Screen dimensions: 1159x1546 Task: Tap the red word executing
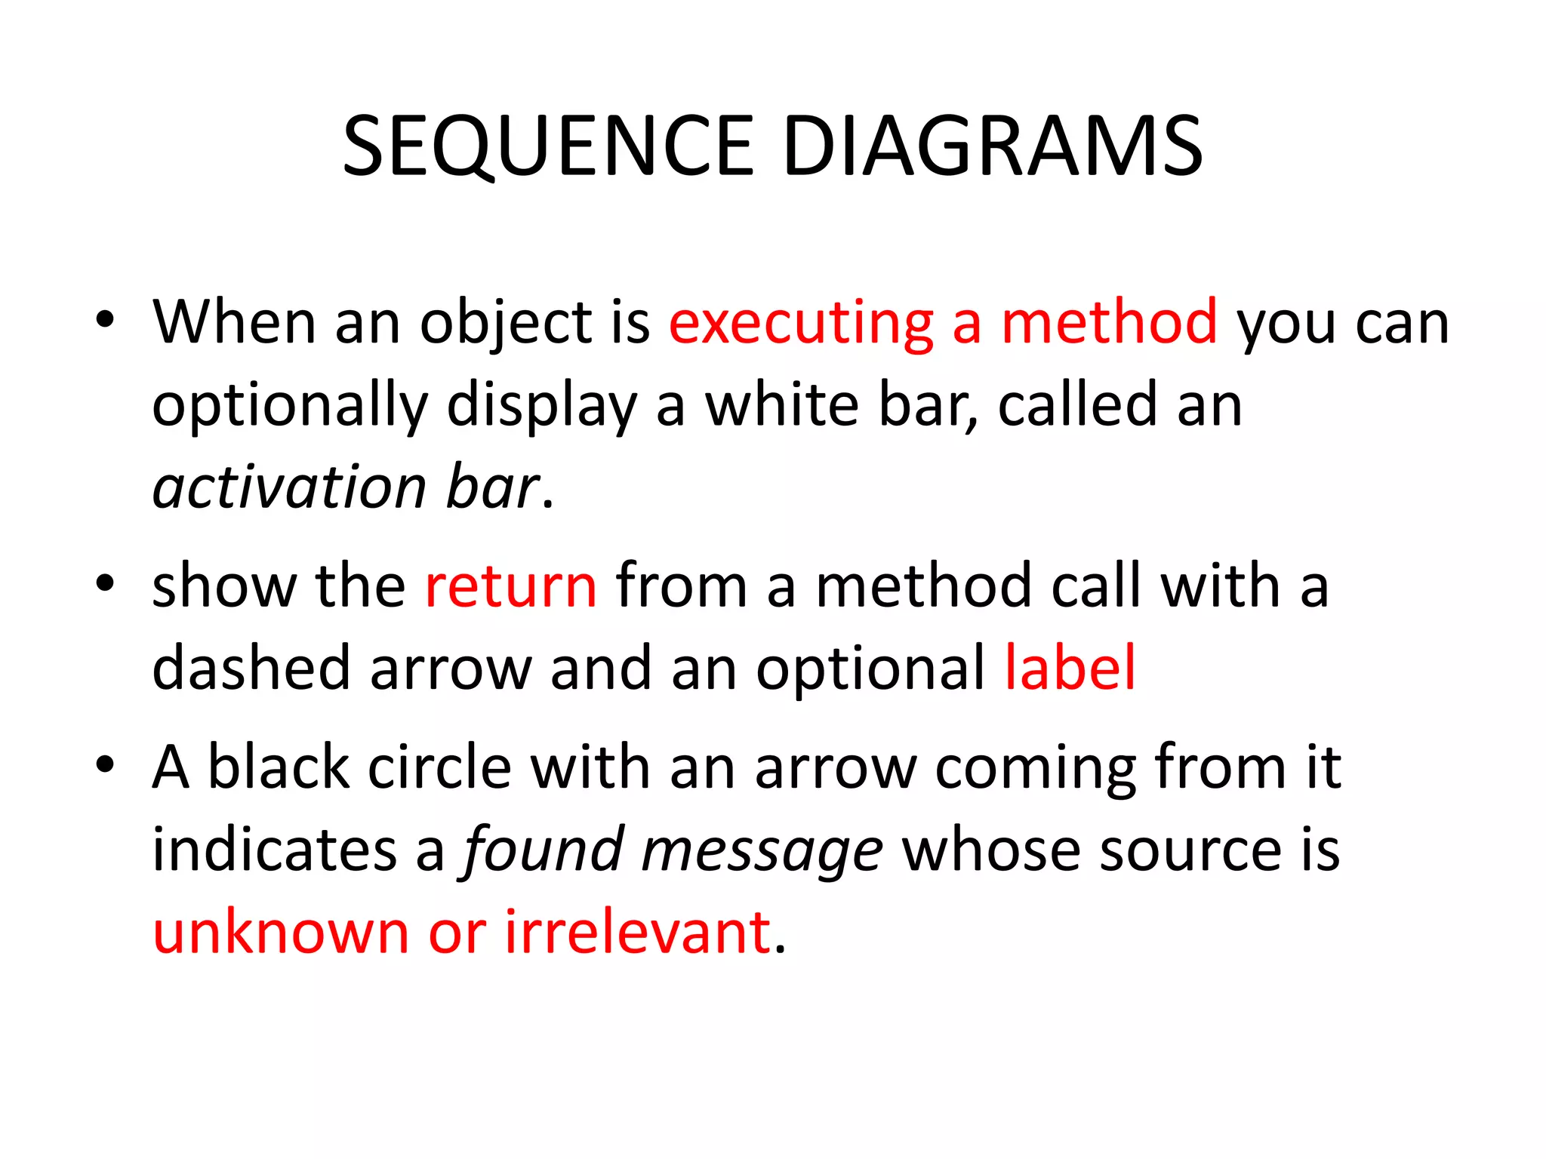tap(801, 324)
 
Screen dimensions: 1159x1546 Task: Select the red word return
tap(511, 586)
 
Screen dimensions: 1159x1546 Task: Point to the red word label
tap(1070, 668)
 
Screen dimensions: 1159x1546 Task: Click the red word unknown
tap(281, 933)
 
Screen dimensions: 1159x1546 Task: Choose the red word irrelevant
tap(638, 933)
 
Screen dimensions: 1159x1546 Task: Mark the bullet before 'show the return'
tap(105, 583)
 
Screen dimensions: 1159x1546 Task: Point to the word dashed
tap(251, 668)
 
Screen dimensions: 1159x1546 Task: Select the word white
tap(781, 405)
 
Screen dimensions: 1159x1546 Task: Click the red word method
tap(1109, 324)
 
